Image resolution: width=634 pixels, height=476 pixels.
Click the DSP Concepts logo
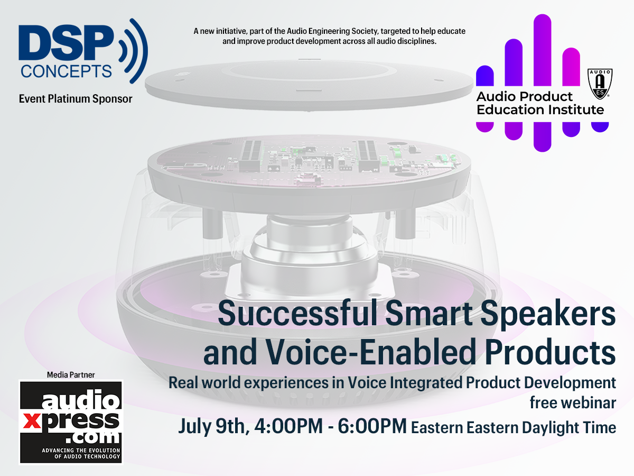(83, 51)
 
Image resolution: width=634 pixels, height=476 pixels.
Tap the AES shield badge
(600, 84)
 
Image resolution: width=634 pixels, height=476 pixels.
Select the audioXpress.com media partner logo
(71, 422)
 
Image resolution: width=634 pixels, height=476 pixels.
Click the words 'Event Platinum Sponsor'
(76, 99)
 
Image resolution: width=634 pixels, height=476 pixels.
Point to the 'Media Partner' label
(71, 375)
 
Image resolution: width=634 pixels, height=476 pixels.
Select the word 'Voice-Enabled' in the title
(370, 352)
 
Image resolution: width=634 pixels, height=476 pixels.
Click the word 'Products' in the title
(550, 352)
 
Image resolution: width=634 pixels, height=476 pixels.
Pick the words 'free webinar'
(573, 402)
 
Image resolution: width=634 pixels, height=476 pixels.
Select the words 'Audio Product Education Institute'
(540, 103)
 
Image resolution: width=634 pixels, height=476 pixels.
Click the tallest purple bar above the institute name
(542, 50)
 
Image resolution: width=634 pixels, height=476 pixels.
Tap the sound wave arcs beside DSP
(134, 51)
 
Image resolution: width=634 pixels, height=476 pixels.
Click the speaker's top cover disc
(309, 85)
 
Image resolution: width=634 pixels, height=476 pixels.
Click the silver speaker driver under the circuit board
(309, 260)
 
